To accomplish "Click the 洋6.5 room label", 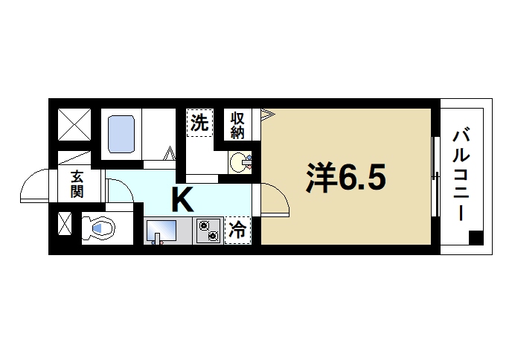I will [345, 177].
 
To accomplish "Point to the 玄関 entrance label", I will [77, 184].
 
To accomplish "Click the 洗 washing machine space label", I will [198, 123].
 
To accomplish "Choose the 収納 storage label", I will [237, 125].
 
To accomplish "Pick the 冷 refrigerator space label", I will [238, 230].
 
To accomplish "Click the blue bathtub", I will [120, 134].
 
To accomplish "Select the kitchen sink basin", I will [162, 229].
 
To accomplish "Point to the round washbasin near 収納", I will [240, 161].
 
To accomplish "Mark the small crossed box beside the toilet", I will [65, 225].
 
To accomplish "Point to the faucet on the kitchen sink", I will [156, 240].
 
